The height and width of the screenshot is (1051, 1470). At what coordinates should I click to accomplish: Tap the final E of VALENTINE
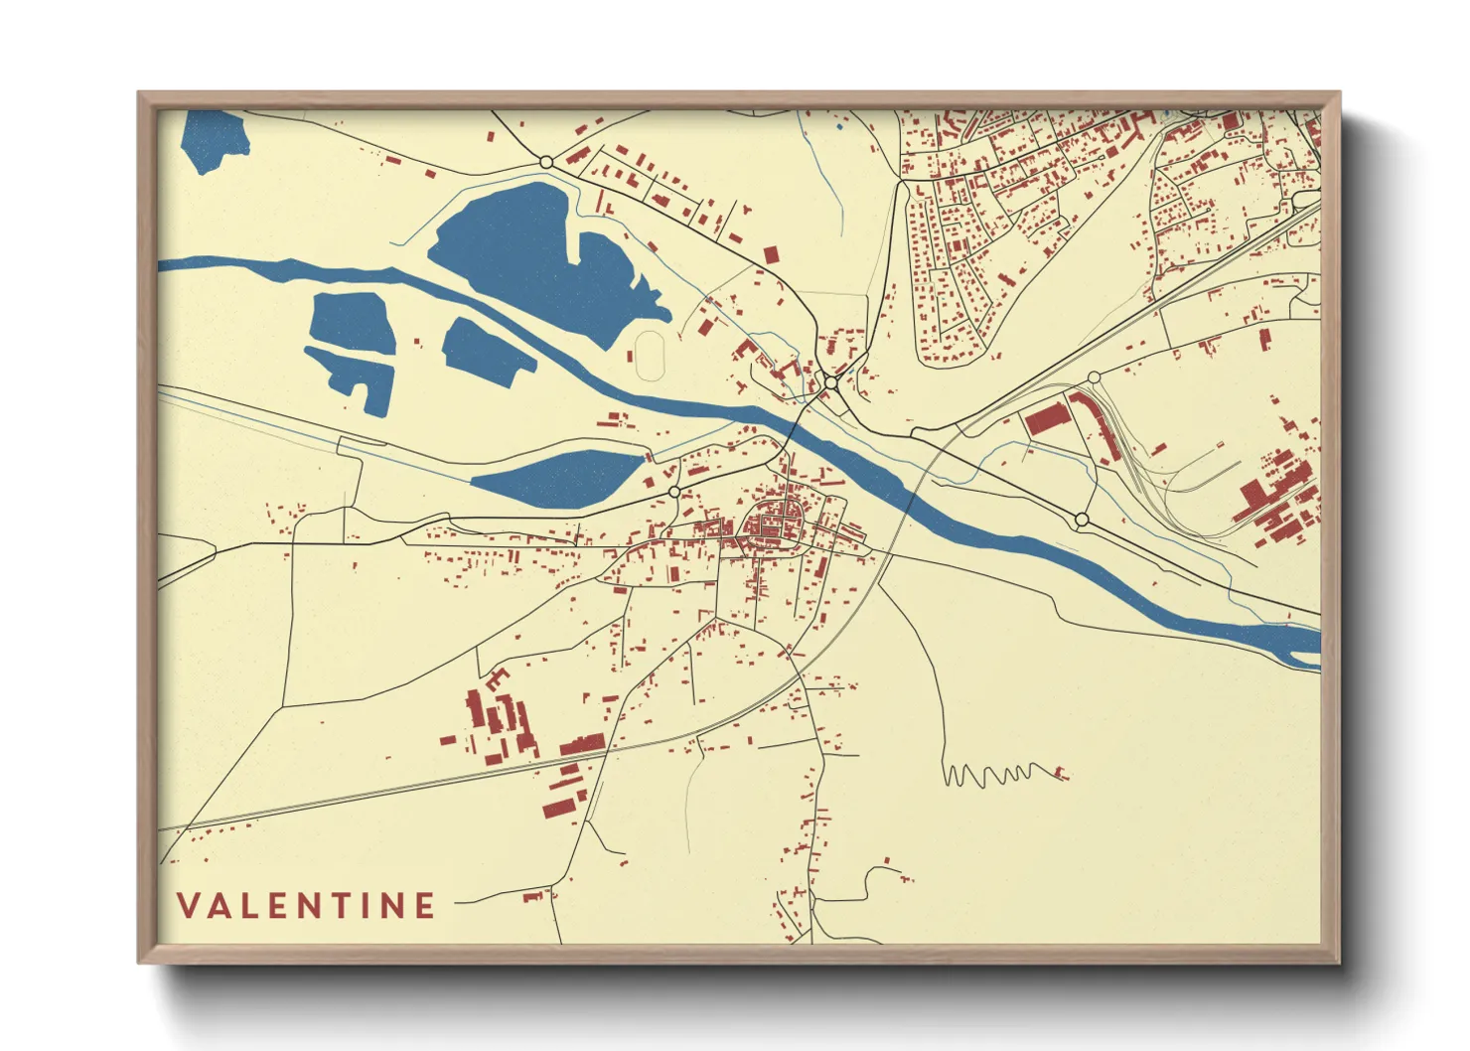click(425, 906)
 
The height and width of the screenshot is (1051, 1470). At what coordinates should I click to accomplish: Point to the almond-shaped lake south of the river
click(556, 476)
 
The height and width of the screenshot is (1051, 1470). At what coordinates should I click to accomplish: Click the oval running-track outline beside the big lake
click(652, 355)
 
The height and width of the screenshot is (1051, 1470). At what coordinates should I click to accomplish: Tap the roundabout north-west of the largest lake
click(545, 161)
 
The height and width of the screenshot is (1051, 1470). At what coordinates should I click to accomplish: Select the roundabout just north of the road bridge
click(830, 382)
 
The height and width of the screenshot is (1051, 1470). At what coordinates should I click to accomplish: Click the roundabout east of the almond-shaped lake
click(674, 492)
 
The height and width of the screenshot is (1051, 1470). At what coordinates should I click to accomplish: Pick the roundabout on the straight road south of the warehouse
click(1082, 520)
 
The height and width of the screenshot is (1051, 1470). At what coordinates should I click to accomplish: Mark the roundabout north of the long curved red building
click(1094, 377)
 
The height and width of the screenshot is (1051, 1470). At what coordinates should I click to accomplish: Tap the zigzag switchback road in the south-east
click(993, 773)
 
